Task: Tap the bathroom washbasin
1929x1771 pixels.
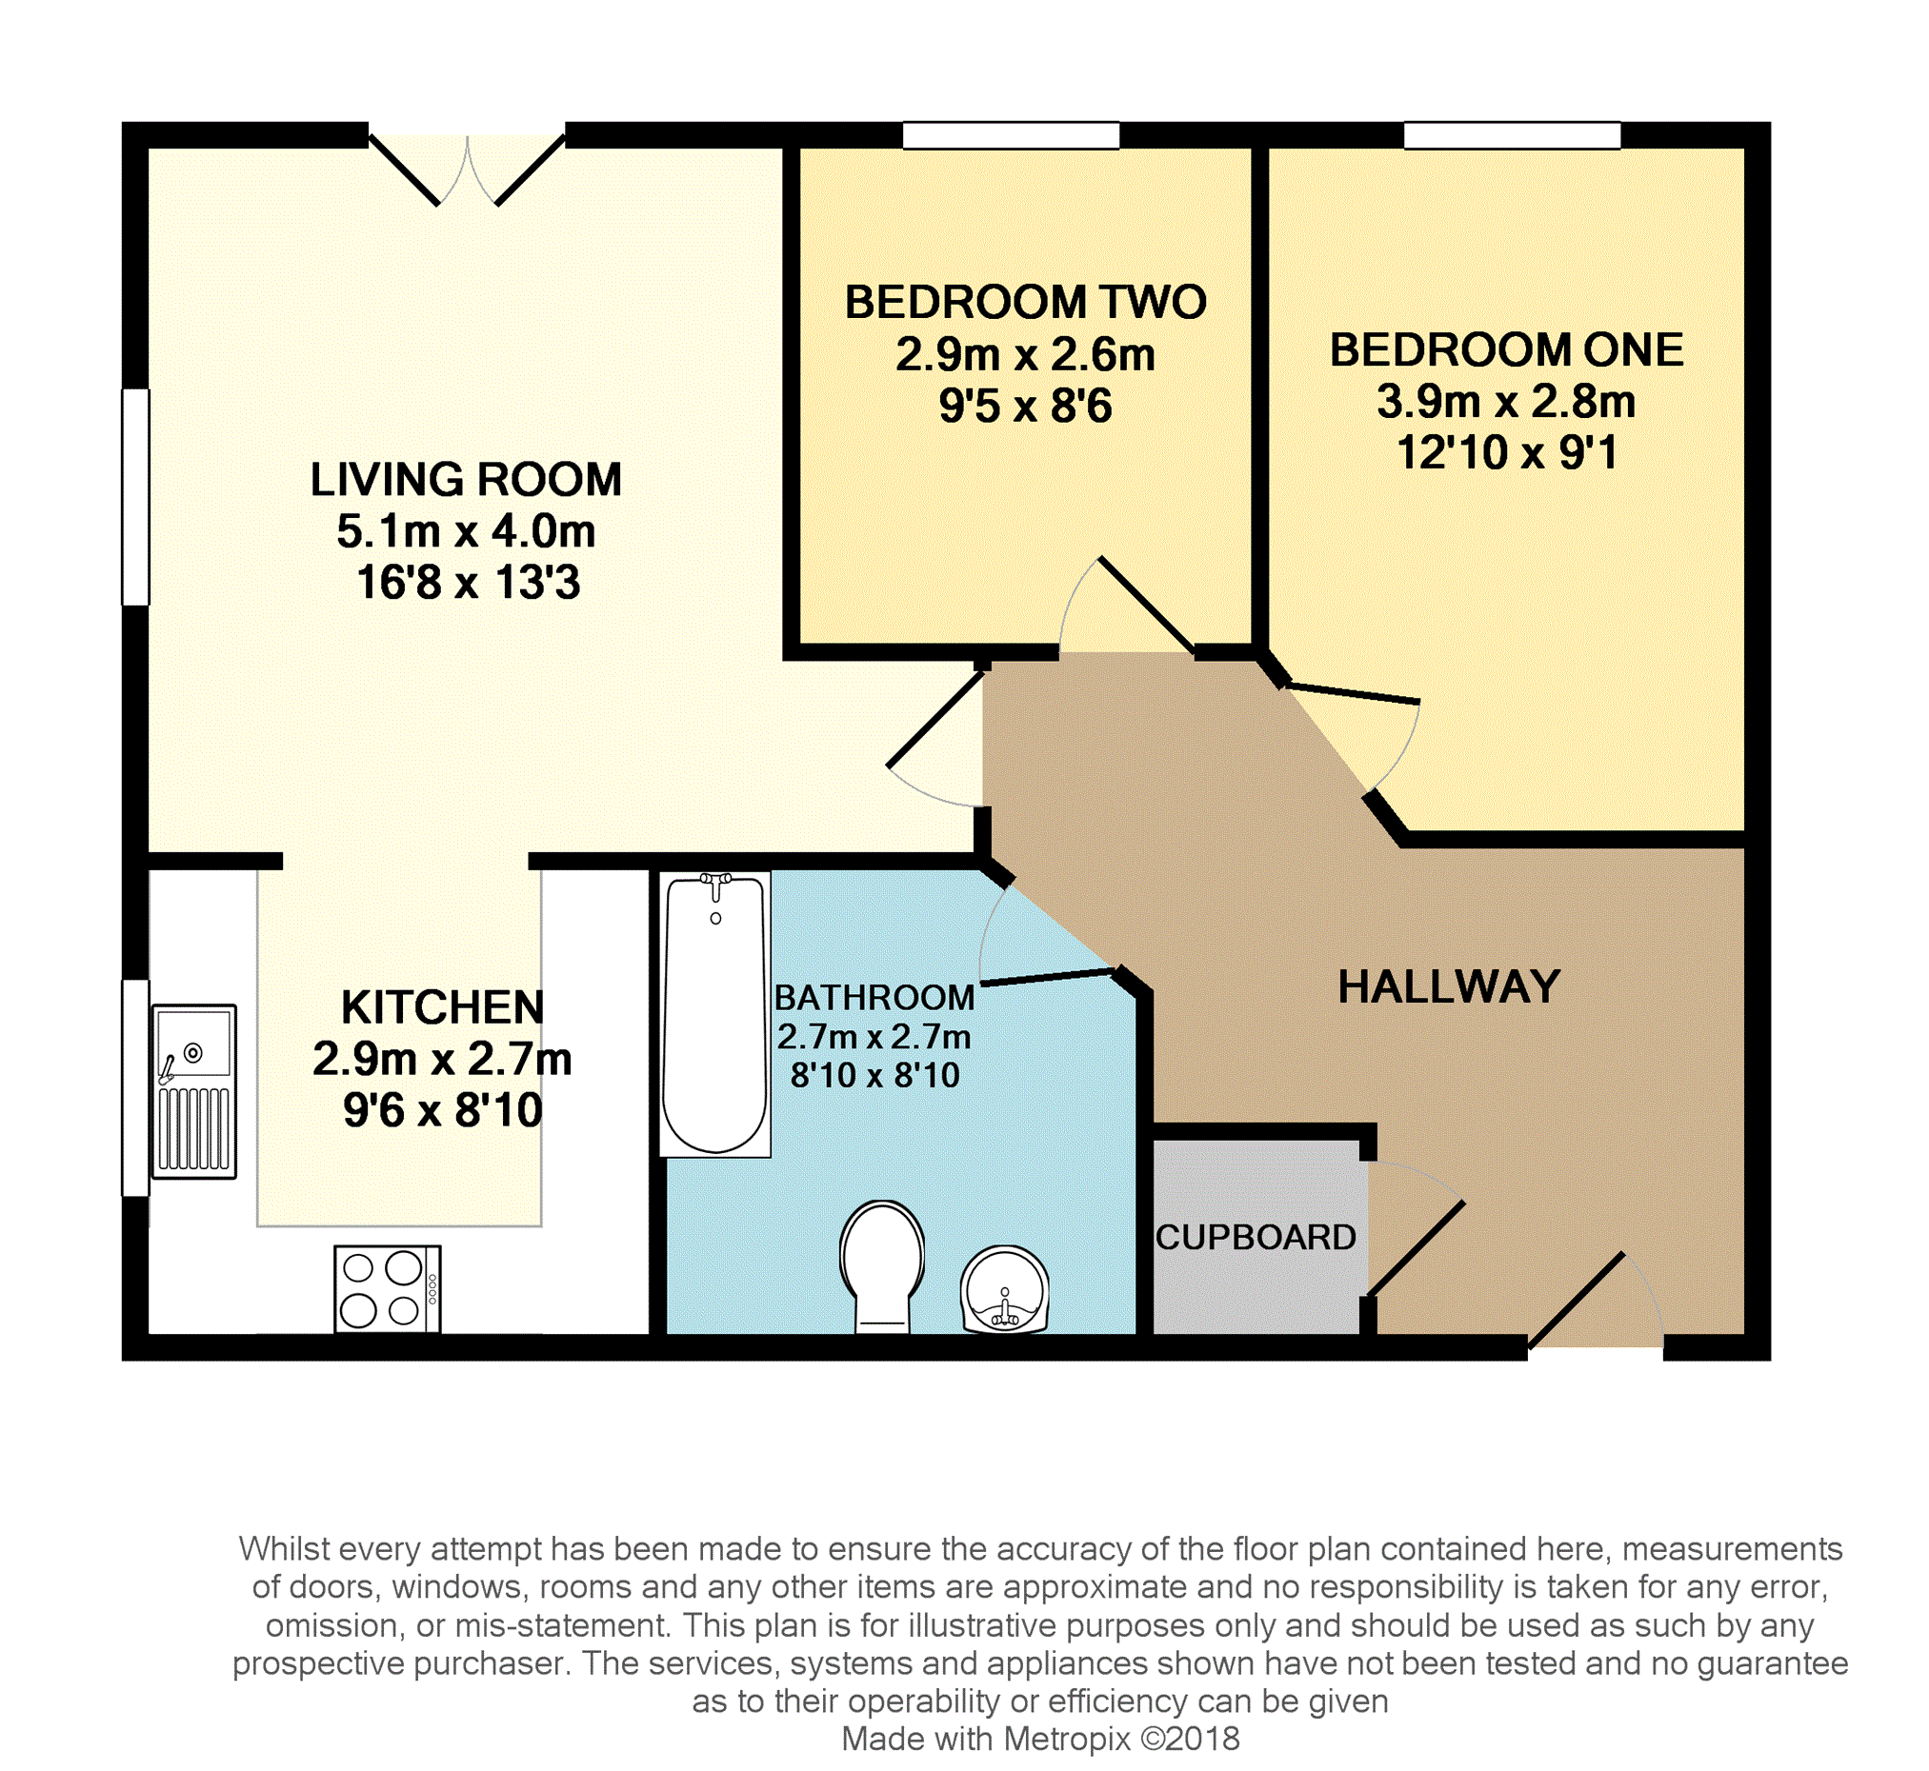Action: [1004, 1289]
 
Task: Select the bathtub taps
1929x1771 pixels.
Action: [715, 884]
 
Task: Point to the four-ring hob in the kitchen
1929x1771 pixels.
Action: [388, 1288]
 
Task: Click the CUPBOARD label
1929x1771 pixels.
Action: [1255, 1237]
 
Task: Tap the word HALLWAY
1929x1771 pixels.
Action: [1448, 987]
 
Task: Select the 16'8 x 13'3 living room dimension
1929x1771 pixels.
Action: [468, 583]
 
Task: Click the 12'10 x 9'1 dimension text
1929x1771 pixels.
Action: [1506, 452]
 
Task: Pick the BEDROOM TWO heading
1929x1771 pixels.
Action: [1024, 303]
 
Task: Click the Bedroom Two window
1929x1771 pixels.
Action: [1011, 135]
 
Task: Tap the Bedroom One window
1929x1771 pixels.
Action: [1512, 135]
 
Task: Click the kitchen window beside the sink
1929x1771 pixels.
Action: [135, 1087]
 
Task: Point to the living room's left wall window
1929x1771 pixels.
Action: [135, 496]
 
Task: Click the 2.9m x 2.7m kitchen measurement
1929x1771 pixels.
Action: [442, 1060]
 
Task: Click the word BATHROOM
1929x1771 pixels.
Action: [874, 999]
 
